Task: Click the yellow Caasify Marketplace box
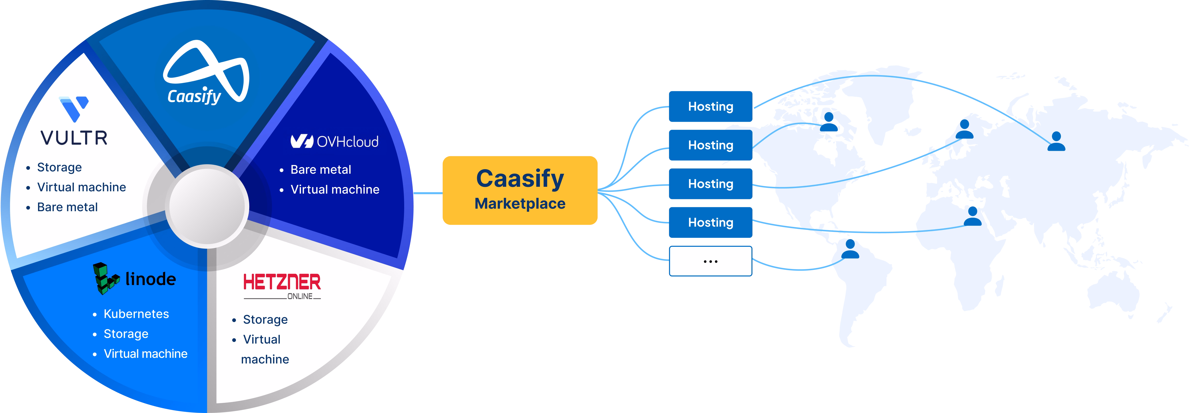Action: (520, 190)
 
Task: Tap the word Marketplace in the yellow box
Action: (520, 204)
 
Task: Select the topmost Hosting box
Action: (710, 106)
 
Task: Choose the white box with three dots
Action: (710, 261)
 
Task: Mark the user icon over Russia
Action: (1056, 142)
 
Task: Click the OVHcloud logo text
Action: (347, 142)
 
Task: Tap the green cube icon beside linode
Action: (105, 278)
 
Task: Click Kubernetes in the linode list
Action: (136, 314)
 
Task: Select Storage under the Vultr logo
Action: (59, 167)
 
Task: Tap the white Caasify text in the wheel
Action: (194, 97)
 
